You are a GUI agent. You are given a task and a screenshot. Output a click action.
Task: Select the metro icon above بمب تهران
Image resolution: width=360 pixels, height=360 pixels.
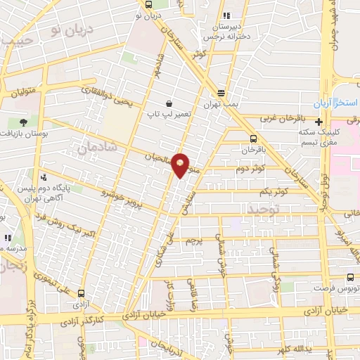tap(221, 93)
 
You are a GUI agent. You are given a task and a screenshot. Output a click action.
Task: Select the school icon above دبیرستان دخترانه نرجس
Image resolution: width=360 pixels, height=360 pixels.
tap(225, 15)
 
